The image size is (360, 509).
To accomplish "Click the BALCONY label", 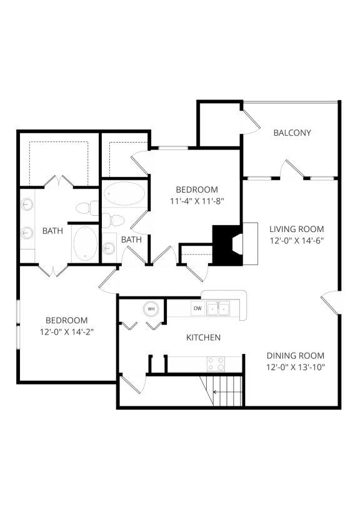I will click(292, 133).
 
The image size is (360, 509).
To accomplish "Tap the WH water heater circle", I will click(151, 308).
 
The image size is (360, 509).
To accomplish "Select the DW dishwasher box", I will click(197, 308).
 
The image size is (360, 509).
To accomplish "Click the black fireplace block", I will click(223, 244).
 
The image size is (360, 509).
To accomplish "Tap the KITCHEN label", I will click(204, 338).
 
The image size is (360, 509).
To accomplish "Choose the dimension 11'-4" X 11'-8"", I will click(196, 201).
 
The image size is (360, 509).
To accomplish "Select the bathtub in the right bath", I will click(124, 194).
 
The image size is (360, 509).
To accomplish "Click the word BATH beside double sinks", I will click(52, 231).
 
